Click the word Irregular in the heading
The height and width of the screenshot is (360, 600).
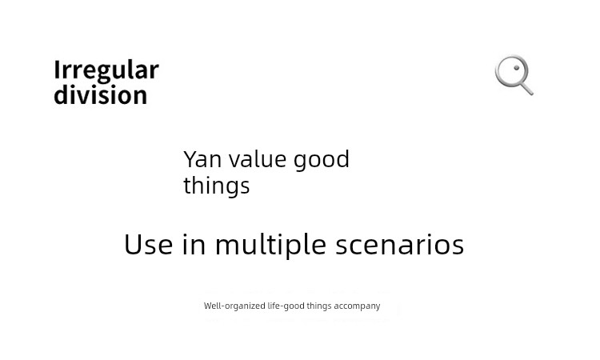[x=106, y=70]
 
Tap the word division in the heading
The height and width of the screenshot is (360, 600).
[x=101, y=94]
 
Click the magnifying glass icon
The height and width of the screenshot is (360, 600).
[x=514, y=75]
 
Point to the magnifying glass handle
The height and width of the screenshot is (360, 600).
[x=526, y=88]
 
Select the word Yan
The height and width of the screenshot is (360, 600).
[x=202, y=159]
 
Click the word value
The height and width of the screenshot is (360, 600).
[x=257, y=159]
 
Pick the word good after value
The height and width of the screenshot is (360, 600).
[x=322, y=160]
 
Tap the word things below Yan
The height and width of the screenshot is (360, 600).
[x=217, y=186]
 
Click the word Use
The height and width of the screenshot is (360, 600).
[x=149, y=245]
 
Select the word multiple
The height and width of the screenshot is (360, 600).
[x=270, y=246]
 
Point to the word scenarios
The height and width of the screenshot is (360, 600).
[x=400, y=245]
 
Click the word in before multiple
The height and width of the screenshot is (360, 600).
[x=194, y=245]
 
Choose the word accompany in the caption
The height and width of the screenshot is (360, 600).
[x=357, y=306]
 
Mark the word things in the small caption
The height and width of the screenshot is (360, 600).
[x=319, y=306]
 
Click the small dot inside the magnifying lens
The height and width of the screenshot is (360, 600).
[x=517, y=68]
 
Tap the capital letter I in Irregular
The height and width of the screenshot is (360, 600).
[x=57, y=70]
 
